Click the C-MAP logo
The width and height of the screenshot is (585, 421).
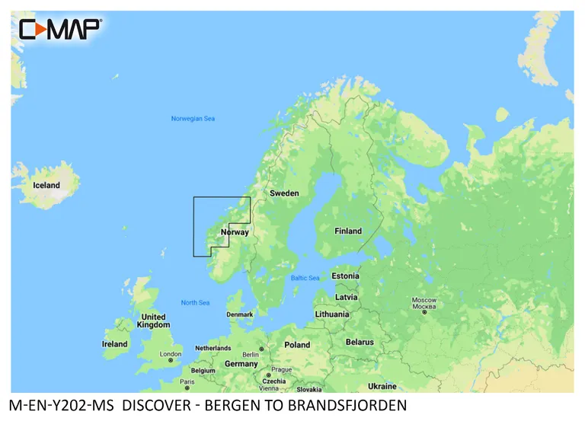(x=59, y=29)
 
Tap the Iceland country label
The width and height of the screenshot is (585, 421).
(x=46, y=185)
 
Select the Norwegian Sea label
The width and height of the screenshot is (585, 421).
(x=193, y=119)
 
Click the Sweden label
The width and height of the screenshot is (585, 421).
(x=284, y=193)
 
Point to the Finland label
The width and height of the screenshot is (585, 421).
(x=348, y=231)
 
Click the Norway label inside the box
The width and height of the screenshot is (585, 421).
(x=235, y=231)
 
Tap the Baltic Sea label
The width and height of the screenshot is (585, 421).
(x=305, y=278)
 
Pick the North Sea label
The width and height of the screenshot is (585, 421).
(x=195, y=303)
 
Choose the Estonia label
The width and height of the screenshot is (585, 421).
(x=345, y=276)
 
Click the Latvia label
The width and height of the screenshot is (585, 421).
(x=347, y=297)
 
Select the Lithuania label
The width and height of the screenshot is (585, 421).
(x=332, y=314)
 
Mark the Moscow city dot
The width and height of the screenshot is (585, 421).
(x=424, y=312)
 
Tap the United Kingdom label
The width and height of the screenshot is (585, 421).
(x=153, y=321)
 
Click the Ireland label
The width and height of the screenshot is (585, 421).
(x=115, y=344)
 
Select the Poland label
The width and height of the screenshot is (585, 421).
(x=297, y=345)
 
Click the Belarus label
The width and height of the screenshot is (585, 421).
(x=360, y=342)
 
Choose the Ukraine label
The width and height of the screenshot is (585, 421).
(x=382, y=386)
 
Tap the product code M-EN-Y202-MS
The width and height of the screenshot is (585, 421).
(x=58, y=406)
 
